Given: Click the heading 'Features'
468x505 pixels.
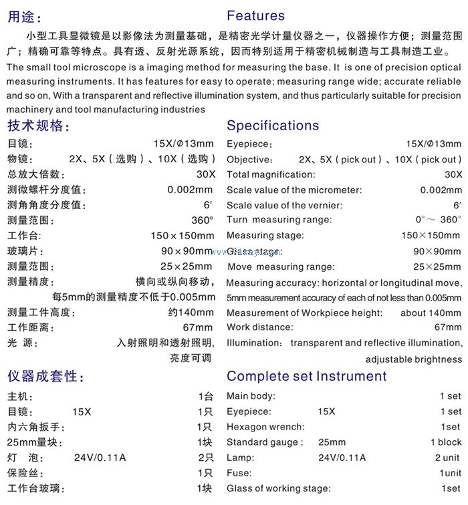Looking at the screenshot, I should click(x=255, y=16).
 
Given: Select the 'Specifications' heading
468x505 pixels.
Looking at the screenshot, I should click(x=273, y=126).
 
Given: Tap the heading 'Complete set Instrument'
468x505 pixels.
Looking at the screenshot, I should click(x=306, y=376).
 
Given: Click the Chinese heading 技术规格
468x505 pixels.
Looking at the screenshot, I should click(x=37, y=126).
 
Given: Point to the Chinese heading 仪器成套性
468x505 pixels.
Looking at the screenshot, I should click(x=45, y=376).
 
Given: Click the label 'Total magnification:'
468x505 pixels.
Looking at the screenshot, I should click(x=270, y=175).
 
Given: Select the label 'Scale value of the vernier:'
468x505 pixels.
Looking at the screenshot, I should click(x=284, y=206).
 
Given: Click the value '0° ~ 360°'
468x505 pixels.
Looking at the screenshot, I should click(x=438, y=220).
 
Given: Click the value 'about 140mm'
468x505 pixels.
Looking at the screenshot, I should click(x=431, y=313).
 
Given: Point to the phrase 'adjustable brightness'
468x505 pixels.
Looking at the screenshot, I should click(x=413, y=359).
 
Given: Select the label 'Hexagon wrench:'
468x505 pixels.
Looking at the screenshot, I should click(x=265, y=427).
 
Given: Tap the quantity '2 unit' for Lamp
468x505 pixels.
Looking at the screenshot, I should click(x=447, y=458).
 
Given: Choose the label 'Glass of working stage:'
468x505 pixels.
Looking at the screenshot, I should click(x=279, y=488).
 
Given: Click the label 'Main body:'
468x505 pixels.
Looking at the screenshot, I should click(x=251, y=396).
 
